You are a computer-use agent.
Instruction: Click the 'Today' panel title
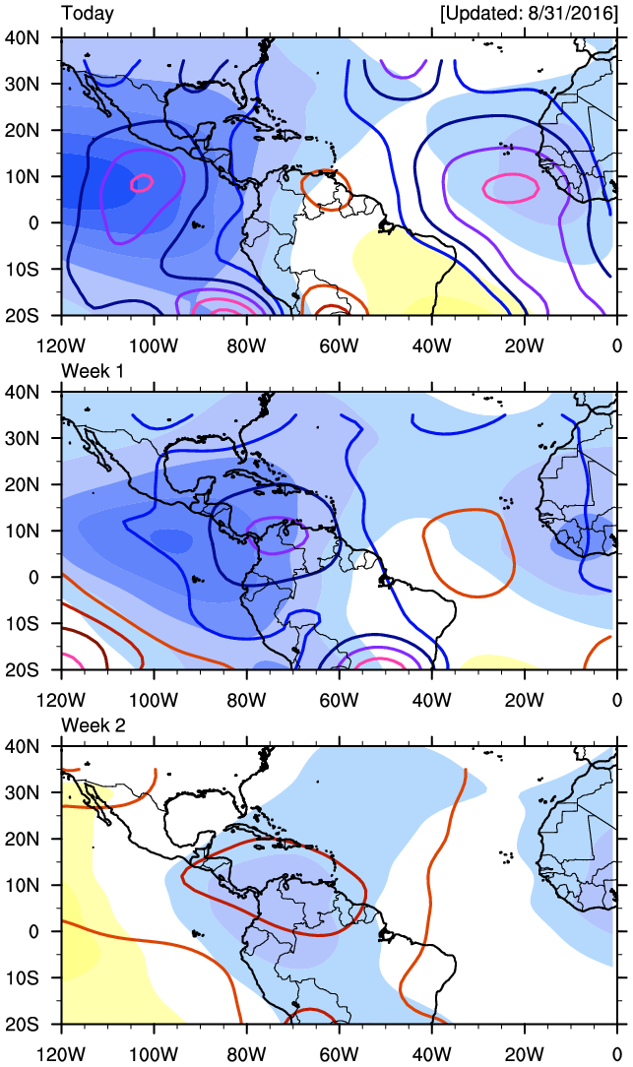pyautogui.click(x=87, y=14)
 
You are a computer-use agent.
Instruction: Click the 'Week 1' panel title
pyautogui.click(x=92, y=369)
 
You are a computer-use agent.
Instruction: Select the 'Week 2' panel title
pyautogui.click(x=92, y=724)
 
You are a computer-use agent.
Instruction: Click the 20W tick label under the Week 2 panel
pyautogui.click(x=525, y=1054)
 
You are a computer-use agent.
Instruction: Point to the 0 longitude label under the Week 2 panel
pyautogui.click(x=617, y=1054)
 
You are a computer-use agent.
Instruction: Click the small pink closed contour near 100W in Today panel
pyautogui.click(x=143, y=182)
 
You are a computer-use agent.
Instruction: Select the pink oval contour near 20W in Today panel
pyautogui.click(x=511, y=185)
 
